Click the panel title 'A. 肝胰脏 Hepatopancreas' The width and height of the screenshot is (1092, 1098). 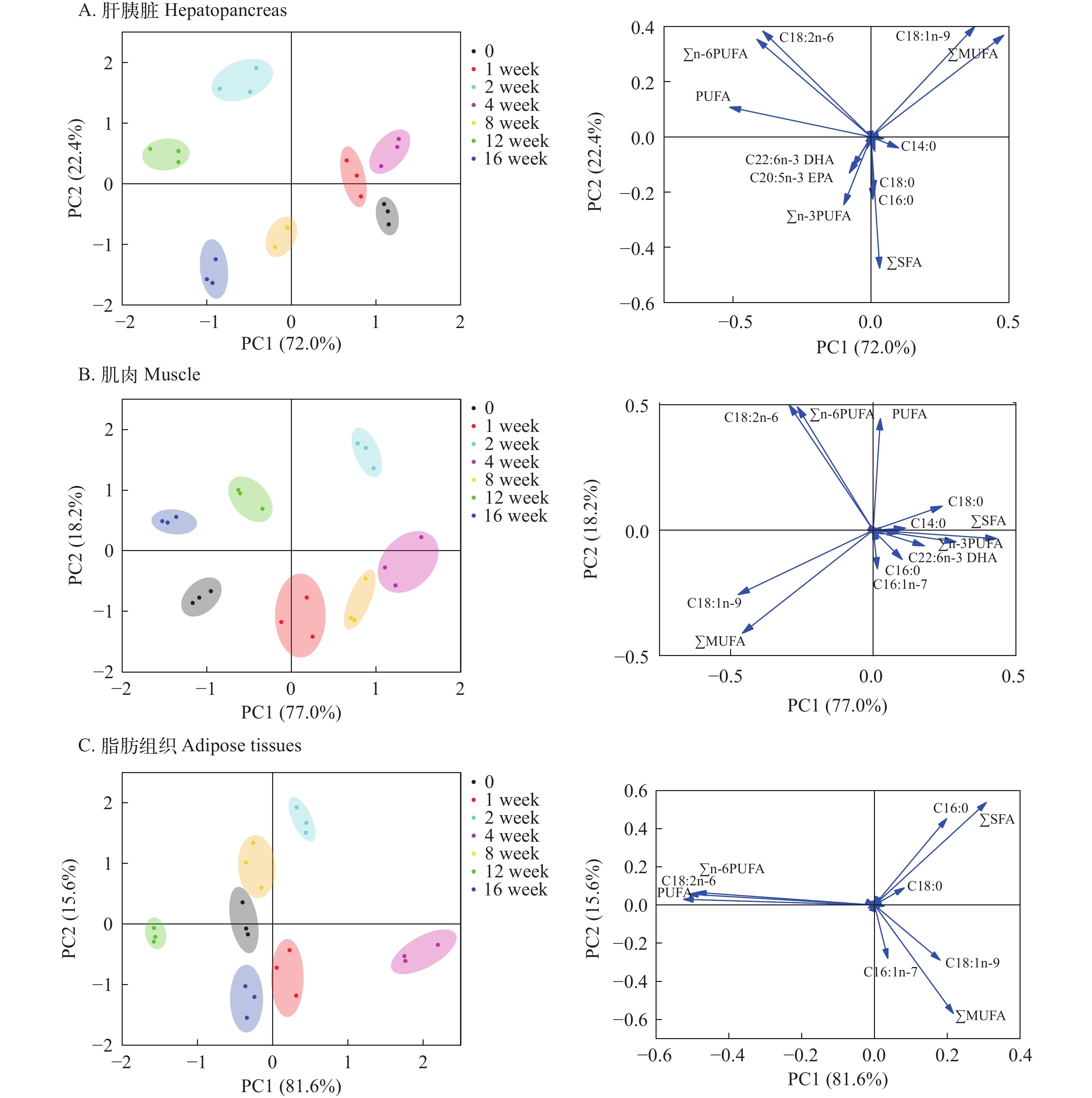click(x=182, y=10)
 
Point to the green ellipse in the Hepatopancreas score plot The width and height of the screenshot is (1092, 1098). click(x=165, y=154)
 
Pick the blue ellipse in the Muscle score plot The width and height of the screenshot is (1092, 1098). click(x=174, y=521)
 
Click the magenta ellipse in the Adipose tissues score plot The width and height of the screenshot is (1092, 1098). click(x=423, y=951)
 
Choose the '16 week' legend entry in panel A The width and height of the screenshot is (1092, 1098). click(x=515, y=159)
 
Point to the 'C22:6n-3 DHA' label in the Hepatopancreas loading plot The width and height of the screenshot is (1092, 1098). click(x=789, y=160)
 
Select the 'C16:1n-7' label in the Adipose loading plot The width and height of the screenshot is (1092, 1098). click(x=890, y=972)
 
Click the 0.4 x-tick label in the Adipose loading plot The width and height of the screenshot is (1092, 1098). click(x=1020, y=1055)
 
